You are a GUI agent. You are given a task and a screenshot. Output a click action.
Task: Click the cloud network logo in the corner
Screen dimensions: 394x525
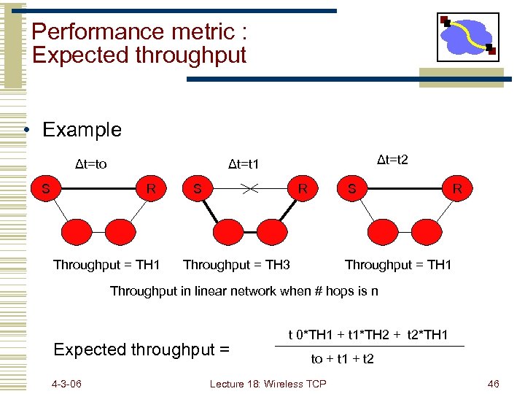(x=467, y=37)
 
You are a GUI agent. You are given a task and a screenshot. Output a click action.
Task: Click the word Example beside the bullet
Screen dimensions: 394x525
(x=82, y=130)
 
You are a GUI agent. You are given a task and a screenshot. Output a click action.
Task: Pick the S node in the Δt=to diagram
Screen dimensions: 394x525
(x=46, y=189)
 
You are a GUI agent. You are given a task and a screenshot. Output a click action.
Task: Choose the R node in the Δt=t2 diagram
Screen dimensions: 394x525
(x=456, y=189)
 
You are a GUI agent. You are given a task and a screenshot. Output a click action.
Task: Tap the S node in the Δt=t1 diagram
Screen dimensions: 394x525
(x=197, y=189)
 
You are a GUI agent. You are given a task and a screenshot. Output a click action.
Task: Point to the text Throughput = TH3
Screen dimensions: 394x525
(x=236, y=265)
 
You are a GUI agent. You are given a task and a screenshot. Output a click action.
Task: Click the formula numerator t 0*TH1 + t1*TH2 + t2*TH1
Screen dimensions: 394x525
(x=373, y=335)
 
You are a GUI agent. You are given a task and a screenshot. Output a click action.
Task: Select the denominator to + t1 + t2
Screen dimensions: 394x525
(x=342, y=359)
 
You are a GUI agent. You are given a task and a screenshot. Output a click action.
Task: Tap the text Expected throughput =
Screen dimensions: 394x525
(x=141, y=349)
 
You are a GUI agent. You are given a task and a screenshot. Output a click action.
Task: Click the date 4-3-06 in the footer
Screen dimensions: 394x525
(x=67, y=384)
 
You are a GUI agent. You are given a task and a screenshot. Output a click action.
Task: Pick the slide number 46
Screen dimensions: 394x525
(x=493, y=384)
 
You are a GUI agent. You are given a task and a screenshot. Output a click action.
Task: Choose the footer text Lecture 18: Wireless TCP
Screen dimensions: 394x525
(x=268, y=384)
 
